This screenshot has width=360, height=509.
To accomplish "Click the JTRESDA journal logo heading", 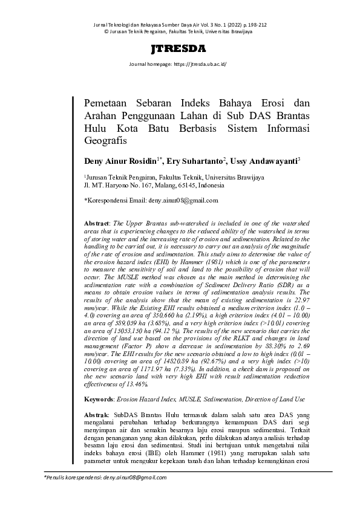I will [x=179, y=49].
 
